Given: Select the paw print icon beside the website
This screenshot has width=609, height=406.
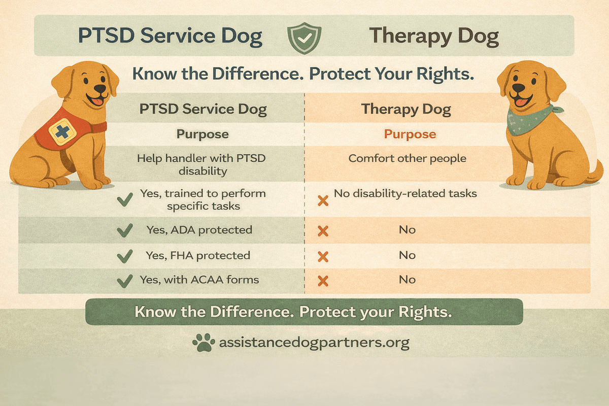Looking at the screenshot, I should coord(204,343).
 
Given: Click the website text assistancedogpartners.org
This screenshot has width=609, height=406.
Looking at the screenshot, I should coord(314,343).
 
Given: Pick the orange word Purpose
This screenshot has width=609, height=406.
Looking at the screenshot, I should coord(410,134).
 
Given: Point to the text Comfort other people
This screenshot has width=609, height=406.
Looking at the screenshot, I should coord(407,158).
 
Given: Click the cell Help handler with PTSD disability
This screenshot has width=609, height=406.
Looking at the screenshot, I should coord(201,164).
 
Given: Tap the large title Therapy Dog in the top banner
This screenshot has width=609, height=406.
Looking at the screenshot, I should coord(433,37).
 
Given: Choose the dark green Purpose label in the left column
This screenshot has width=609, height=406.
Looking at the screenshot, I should coord(202,134).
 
